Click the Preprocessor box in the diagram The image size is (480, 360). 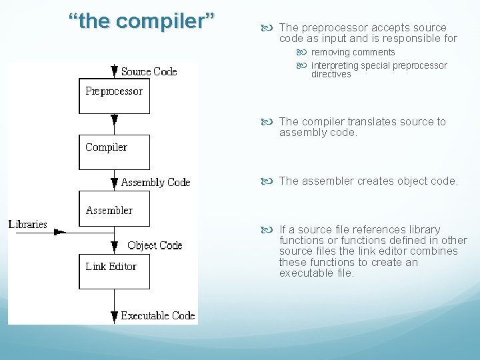click(114, 96)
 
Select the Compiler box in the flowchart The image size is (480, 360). click(114, 152)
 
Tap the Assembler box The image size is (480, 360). click(114, 209)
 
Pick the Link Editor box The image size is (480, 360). click(114, 271)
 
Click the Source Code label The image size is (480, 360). click(149, 71)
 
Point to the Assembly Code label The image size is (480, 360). click(155, 182)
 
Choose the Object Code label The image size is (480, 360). click(155, 245)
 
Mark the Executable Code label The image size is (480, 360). click(158, 315)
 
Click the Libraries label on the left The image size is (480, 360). click(28, 224)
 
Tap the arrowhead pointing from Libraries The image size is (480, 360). click(60, 231)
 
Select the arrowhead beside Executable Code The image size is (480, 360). click(115, 315)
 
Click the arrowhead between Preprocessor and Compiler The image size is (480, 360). click(115, 121)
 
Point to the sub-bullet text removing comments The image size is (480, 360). click(353, 52)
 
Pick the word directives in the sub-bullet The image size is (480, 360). click(331, 75)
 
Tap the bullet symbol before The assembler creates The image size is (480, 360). click(271, 181)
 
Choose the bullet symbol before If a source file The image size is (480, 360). click(271, 229)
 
